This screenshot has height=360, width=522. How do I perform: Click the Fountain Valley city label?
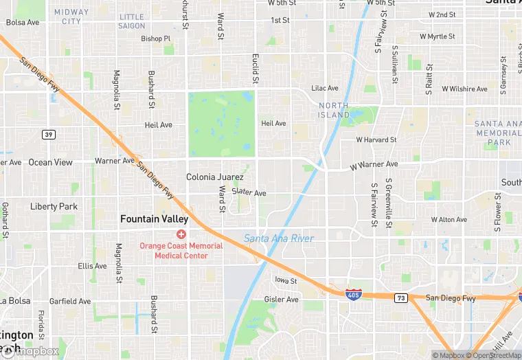pyautogui.click(x=154, y=219)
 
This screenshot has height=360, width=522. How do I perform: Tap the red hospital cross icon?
pyautogui.click(x=181, y=234)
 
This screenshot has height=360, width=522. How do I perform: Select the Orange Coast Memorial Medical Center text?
pyautogui.click(x=181, y=251)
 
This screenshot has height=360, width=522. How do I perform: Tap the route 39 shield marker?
pyautogui.click(x=48, y=134)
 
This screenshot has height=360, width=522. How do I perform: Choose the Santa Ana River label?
pyautogui.click(x=279, y=238)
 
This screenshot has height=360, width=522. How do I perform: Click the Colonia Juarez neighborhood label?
pyautogui.click(x=215, y=177)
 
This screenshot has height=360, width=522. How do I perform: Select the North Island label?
pyautogui.click(x=333, y=110)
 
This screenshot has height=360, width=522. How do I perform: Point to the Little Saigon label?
pyautogui.click(x=132, y=21)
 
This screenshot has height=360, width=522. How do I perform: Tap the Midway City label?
pyautogui.click(x=71, y=16)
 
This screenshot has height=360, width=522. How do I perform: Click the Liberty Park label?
pyautogui.click(x=54, y=206)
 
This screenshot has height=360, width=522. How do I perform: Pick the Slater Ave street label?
pyautogui.click(x=249, y=193)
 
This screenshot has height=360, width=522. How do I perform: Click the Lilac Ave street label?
pyautogui.click(x=325, y=89)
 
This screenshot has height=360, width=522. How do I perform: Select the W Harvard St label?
pyautogui.click(x=376, y=139)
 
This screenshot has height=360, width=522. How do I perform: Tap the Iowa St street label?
pyautogui.click(x=285, y=280)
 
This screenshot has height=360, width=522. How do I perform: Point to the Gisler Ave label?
pyautogui.click(x=282, y=300)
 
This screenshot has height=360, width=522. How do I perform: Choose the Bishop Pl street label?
pyautogui.click(x=155, y=38)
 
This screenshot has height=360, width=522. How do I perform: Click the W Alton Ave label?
pyautogui.click(x=449, y=220)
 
